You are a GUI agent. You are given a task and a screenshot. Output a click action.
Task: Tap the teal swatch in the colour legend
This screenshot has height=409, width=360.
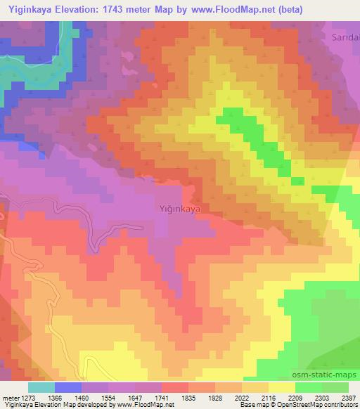pos(41,387)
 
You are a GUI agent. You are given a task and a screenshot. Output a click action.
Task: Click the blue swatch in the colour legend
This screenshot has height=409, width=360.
pos(68,387)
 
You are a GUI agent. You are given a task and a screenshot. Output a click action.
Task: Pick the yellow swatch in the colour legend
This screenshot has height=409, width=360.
pos(282,387)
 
